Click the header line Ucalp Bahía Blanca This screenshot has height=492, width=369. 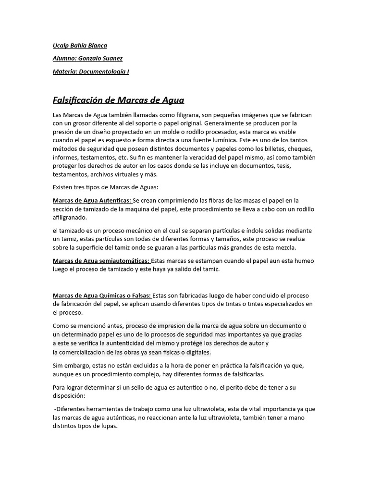[80, 46]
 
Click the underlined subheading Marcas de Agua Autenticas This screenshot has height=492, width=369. [92, 200]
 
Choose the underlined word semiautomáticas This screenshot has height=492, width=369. [126, 261]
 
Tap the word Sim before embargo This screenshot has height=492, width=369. [58, 366]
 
